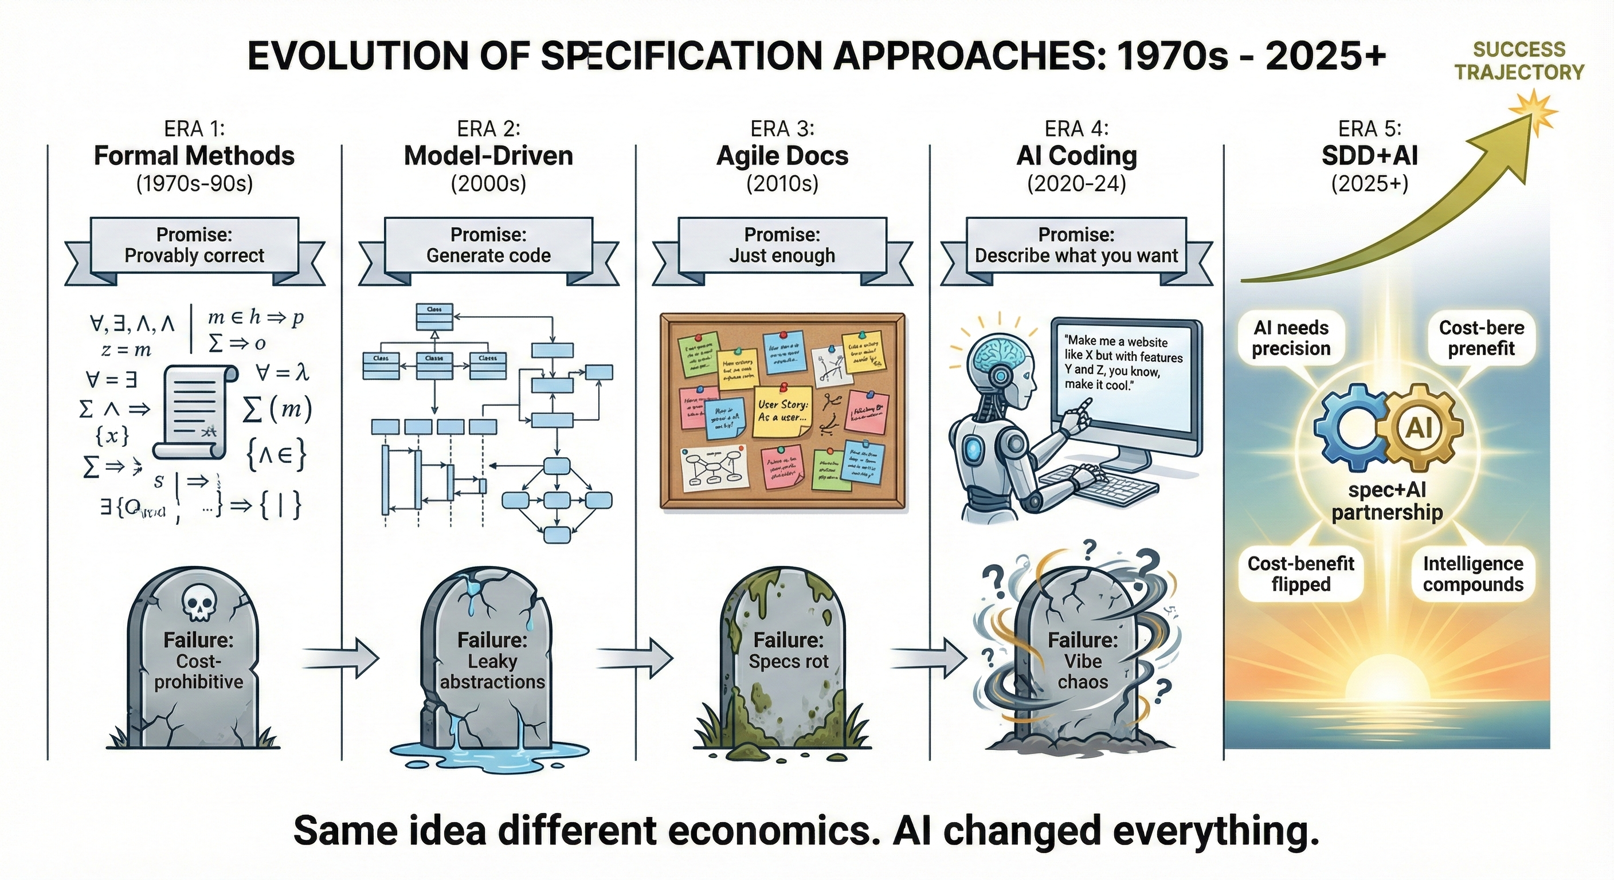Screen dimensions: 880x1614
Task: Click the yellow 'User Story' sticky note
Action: tap(783, 411)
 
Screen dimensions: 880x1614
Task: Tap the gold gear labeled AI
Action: tap(1419, 429)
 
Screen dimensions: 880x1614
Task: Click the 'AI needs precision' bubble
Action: tap(1291, 338)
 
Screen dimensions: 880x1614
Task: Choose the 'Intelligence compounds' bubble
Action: tap(1473, 573)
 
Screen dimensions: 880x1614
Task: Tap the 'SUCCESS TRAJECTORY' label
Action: tap(1519, 61)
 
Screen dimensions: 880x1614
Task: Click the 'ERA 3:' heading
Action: tap(782, 129)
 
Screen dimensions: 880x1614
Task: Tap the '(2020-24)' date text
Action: tap(1076, 183)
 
